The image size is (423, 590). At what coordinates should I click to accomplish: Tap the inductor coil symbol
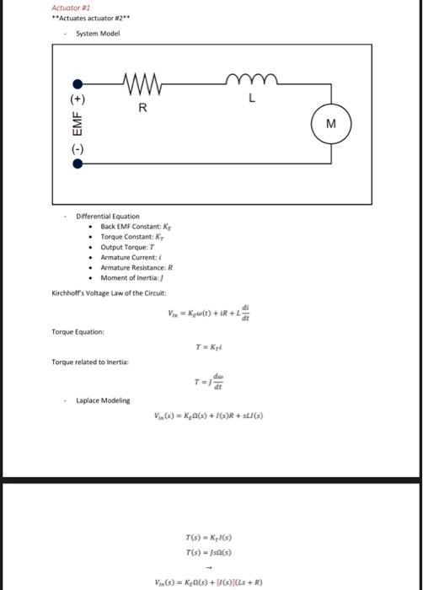point(249,83)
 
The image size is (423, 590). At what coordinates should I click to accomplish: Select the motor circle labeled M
point(331,124)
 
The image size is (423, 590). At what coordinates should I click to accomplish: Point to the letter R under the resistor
point(142,108)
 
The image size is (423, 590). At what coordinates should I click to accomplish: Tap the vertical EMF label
point(77,123)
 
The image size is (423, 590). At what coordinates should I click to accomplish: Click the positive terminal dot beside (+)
point(78,84)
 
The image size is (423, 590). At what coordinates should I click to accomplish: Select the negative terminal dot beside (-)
point(78,164)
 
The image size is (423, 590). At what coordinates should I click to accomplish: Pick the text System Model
point(98,34)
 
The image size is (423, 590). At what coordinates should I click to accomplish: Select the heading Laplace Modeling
point(103,400)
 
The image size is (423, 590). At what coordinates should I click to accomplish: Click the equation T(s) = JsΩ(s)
point(209,551)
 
